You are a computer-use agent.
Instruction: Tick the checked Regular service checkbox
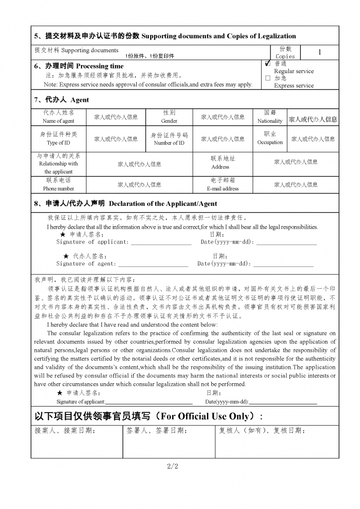pos(268,64)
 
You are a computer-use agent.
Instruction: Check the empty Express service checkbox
pos(268,78)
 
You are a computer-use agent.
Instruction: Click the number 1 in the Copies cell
pos(319,52)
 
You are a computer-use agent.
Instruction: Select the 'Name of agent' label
pos(59,121)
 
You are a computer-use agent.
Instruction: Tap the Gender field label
pos(169,121)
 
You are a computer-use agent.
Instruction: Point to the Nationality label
pos(270,121)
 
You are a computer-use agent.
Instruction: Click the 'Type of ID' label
pos(59,143)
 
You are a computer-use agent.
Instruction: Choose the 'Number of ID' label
pos(169,143)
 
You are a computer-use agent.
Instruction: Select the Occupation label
pos(270,142)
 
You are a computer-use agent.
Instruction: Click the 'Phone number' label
pos(59,188)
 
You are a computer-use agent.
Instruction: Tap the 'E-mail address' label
pos(223,188)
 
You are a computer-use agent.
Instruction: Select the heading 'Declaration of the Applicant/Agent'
pos(163,203)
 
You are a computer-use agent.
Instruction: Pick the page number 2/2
pos(173,466)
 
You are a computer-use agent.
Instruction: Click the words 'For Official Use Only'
pos(208,416)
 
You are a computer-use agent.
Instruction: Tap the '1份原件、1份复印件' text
pos(149,56)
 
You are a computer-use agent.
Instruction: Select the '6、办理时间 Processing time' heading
pos(79,66)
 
